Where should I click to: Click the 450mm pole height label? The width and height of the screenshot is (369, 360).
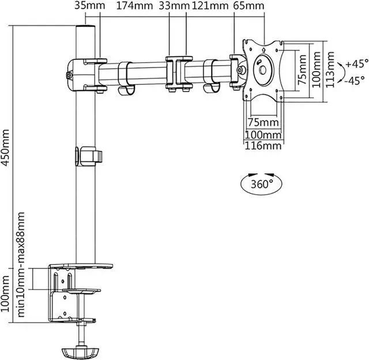(x=5, y=147)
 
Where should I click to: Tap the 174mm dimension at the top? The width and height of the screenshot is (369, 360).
(x=134, y=5)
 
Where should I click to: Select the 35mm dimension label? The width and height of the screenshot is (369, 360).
(x=90, y=5)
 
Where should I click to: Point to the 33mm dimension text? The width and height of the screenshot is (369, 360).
(x=174, y=5)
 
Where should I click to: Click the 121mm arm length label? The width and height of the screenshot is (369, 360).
(x=210, y=5)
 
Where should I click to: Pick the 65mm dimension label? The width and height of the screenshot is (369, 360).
(x=248, y=5)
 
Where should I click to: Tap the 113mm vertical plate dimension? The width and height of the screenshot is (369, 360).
(x=330, y=69)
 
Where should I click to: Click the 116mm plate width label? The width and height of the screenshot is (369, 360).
(x=263, y=146)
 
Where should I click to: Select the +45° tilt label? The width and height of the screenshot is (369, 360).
(x=357, y=64)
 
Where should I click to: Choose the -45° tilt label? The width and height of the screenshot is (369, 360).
(x=355, y=81)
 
